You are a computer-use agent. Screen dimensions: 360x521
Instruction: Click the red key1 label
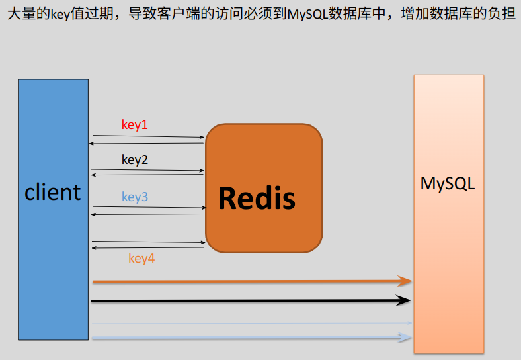[x=135, y=124]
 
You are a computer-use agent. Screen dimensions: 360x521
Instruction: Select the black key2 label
[x=135, y=159]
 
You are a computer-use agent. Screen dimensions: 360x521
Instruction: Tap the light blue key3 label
[x=135, y=197]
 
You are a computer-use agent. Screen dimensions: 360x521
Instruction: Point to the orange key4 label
[x=141, y=259]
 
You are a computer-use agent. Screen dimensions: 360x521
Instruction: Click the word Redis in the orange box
[x=257, y=197]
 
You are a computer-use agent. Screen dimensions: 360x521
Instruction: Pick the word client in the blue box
[x=53, y=192]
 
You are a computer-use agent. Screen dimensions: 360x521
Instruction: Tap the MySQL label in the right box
[x=448, y=183]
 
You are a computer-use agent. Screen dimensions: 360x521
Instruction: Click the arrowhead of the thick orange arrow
[x=406, y=281]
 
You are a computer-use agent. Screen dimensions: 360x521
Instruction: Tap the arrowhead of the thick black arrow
[x=405, y=301]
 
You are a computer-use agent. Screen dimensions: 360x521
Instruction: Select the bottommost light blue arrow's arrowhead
[x=406, y=337]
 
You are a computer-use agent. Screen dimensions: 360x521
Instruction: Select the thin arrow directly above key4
[x=147, y=242]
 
